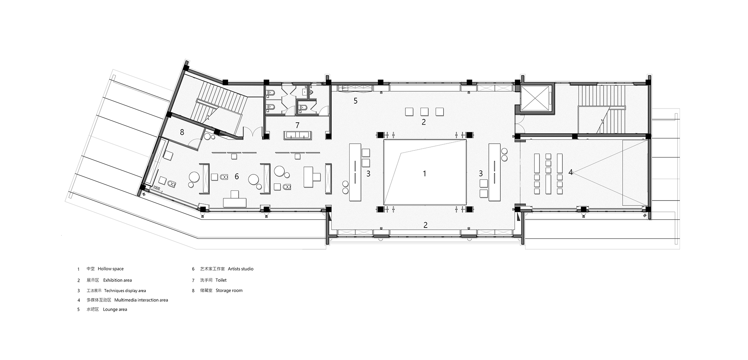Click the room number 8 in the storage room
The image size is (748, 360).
pyautogui.click(x=182, y=132)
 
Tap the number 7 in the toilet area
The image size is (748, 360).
pyautogui.click(x=297, y=125)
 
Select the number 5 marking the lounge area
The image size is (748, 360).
pyautogui.click(x=356, y=101)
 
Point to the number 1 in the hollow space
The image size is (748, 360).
pyautogui.click(x=424, y=173)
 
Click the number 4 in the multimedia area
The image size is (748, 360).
pyautogui.click(x=571, y=172)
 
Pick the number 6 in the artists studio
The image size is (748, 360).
pyautogui.click(x=237, y=176)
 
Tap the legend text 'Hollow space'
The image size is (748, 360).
pyautogui.click(x=111, y=269)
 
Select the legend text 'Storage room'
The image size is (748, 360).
pyautogui.click(x=229, y=290)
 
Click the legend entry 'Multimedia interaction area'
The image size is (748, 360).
pyautogui.click(x=141, y=300)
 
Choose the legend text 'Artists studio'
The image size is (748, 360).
pyautogui.click(x=240, y=269)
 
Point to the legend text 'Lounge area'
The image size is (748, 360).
pyautogui.click(x=115, y=309)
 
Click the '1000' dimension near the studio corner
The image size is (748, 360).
pyautogui.click(x=156, y=188)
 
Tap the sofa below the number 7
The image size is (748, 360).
pyautogui.click(x=298, y=135)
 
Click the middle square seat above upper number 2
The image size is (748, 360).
pyautogui.click(x=424, y=111)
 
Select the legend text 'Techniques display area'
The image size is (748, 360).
pyautogui.click(x=125, y=290)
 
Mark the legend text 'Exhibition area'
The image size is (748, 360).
pyautogui.click(x=117, y=280)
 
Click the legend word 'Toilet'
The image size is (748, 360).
pyautogui.click(x=221, y=280)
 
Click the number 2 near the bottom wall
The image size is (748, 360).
pyautogui.click(x=425, y=225)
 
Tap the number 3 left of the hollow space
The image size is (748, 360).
pyautogui.click(x=368, y=174)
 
